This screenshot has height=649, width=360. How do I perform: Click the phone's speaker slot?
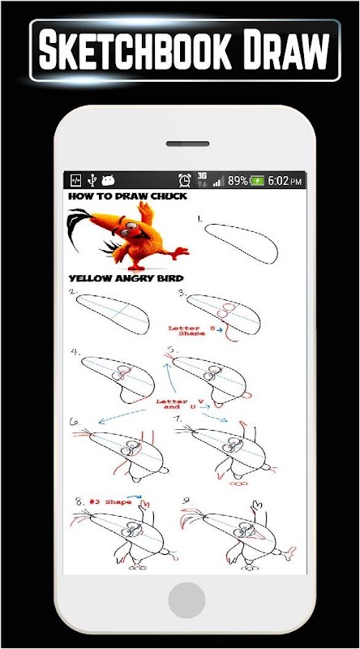187,144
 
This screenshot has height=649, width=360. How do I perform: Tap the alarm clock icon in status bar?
185,180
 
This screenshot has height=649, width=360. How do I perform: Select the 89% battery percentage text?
238,181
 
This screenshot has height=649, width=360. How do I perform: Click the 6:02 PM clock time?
285,181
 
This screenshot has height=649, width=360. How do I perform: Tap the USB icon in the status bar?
92,180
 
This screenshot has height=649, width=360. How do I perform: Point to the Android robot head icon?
108,180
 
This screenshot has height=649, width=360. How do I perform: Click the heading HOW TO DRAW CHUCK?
127,196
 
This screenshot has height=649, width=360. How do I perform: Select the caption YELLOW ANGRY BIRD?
126,277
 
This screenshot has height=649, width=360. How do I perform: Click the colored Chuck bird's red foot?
180,252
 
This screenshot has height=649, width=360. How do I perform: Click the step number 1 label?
199,219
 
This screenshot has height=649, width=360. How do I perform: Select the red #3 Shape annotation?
110,502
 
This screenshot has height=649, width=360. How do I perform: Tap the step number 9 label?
186,501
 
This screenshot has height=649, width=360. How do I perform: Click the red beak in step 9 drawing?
256,535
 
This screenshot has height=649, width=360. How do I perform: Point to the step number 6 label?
75,422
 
